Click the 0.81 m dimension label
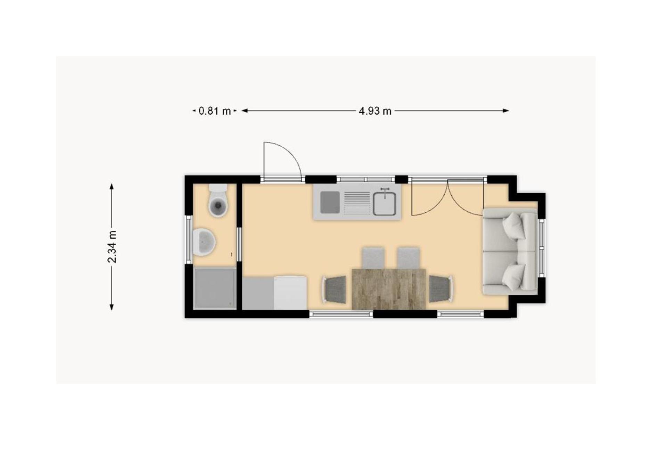click(x=214, y=111)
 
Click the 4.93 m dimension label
click(x=375, y=111)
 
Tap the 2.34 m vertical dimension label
click(x=112, y=246)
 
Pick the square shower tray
click(x=215, y=288)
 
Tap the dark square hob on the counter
click(x=330, y=202)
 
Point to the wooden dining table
click(x=389, y=289)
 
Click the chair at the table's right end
click(x=441, y=289)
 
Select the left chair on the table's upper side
click(x=373, y=258)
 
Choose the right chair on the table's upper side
click(x=408, y=258)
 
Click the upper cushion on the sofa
click(x=513, y=225)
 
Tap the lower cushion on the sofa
click(x=513, y=276)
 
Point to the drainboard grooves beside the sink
click(x=357, y=202)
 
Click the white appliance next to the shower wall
click(x=290, y=292)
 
